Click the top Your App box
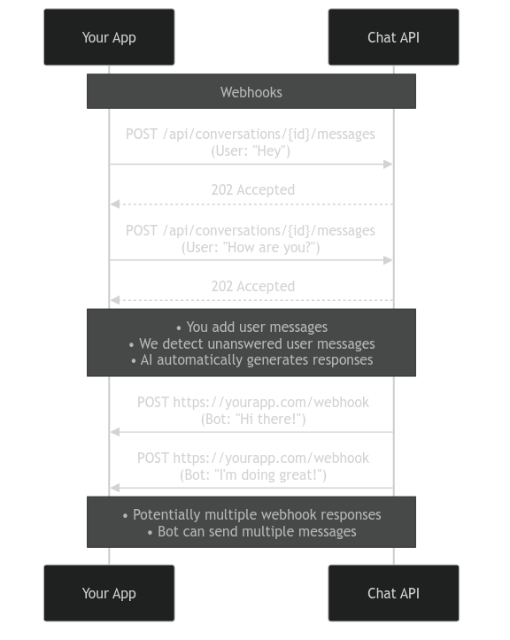[109, 37]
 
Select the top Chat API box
[393, 37]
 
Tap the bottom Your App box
[109, 593]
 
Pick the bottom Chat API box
[393, 593]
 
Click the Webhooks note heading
[251, 92]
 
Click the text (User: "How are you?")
[251, 248]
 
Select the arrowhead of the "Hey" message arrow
[388, 165]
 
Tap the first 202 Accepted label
[252, 189]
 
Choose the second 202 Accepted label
[252, 286]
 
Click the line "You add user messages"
[251, 327]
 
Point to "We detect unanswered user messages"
[251, 343]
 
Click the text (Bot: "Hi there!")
[253, 420]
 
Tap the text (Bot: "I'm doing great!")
[253, 475]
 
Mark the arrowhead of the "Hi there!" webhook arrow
[115, 432]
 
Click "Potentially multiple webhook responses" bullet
[251, 514]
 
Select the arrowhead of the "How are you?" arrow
[388, 260]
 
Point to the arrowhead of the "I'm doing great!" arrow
[115, 488]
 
